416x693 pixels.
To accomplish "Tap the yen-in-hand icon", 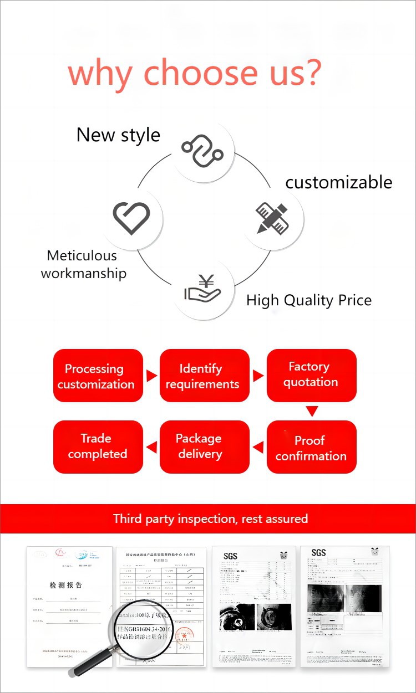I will click(x=202, y=289).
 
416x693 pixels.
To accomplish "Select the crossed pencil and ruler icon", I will click(x=272, y=217).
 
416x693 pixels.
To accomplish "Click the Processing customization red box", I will click(x=98, y=376).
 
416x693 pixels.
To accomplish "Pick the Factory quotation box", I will click(x=311, y=374).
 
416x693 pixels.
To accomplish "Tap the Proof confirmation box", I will click(x=311, y=448).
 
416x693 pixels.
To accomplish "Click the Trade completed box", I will click(x=98, y=446).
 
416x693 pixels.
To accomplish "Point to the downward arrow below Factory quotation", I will click(x=312, y=411).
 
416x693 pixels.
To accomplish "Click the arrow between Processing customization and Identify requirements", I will click(x=151, y=376).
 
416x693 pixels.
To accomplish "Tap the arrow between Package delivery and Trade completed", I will click(x=151, y=446).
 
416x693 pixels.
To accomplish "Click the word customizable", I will click(x=338, y=182).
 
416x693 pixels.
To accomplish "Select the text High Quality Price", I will click(x=309, y=300).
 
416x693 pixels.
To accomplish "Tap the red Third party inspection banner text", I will click(x=210, y=519).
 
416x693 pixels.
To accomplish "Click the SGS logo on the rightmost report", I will click(x=318, y=553).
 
